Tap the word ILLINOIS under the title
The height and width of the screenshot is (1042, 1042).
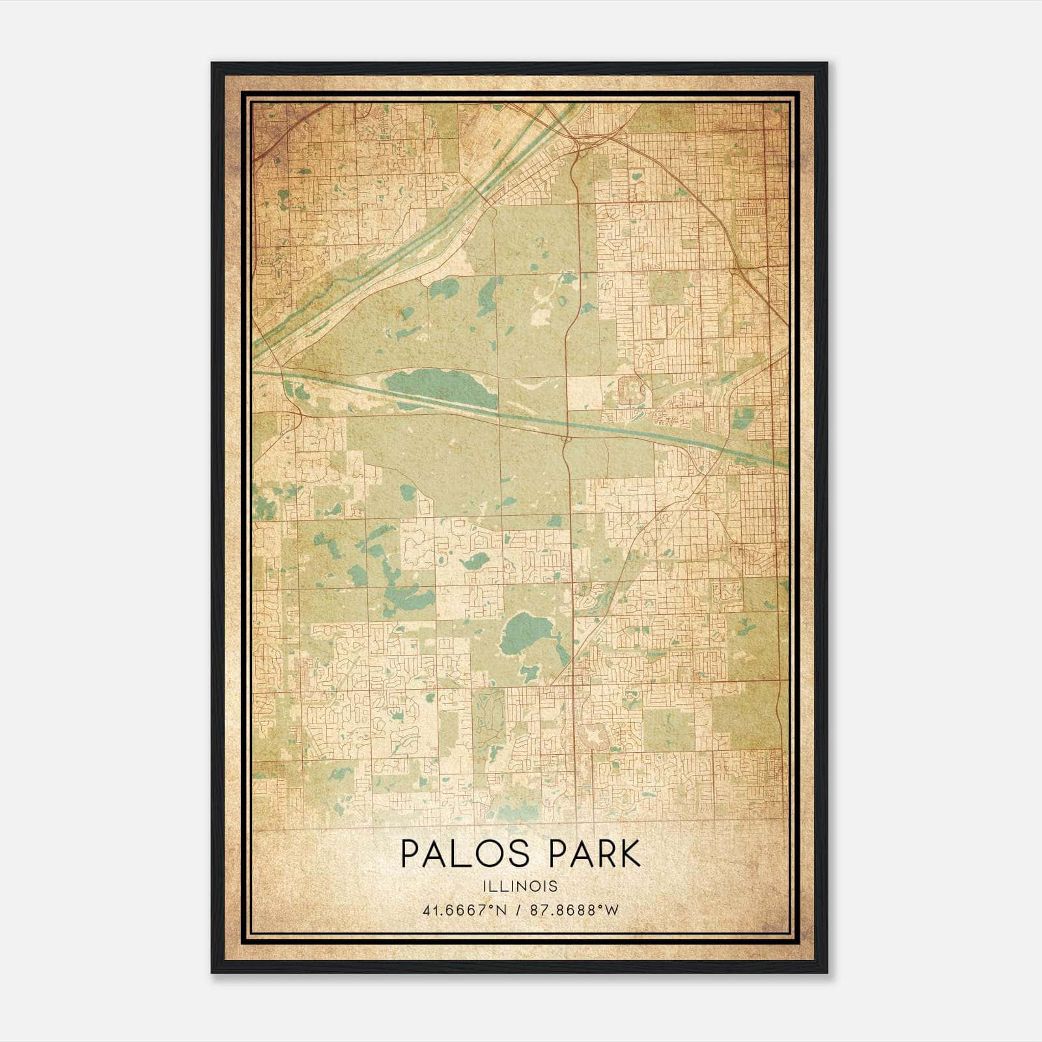point(520,886)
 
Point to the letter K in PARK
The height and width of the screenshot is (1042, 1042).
point(629,854)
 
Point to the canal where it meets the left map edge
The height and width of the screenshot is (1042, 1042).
point(255,373)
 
